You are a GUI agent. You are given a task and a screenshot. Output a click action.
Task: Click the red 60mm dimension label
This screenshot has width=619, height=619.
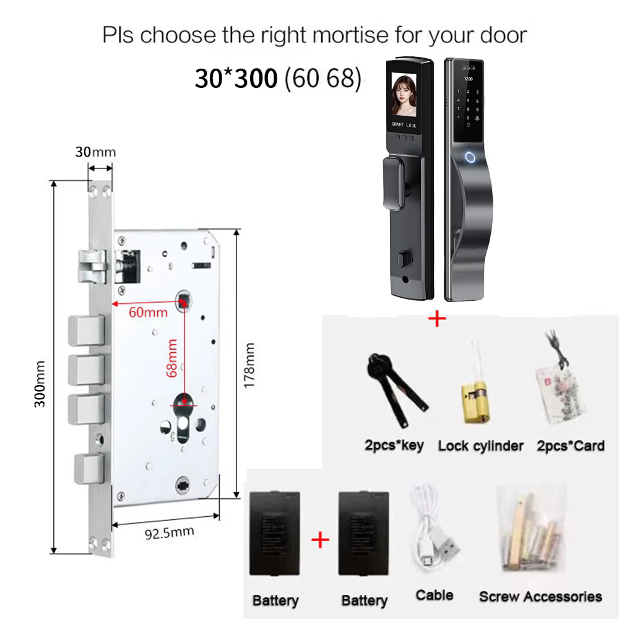pyautogui.click(x=148, y=312)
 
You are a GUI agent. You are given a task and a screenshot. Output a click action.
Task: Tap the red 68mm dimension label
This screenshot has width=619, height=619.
pyautogui.click(x=171, y=358)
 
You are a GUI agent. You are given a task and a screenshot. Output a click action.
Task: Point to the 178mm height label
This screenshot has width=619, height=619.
pyautogui.click(x=249, y=366)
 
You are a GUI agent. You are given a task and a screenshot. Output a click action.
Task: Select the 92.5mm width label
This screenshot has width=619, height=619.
pyautogui.click(x=170, y=533)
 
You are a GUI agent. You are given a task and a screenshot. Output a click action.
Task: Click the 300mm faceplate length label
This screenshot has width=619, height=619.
pyautogui.click(x=40, y=384)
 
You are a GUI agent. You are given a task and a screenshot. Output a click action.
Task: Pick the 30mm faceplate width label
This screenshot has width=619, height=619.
pyautogui.click(x=95, y=152)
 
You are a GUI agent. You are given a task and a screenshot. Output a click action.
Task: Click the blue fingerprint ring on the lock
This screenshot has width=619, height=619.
pyautogui.click(x=470, y=157)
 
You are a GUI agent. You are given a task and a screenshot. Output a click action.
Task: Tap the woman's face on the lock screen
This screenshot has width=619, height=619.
pyautogui.click(x=404, y=95)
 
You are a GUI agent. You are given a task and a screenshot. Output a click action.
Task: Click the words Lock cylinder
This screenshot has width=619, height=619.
pyautogui.click(x=481, y=446)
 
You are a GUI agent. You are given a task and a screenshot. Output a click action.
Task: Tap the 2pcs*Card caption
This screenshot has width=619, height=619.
pyautogui.click(x=571, y=446)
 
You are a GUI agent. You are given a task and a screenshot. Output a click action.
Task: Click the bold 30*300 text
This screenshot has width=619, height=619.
pyautogui.click(x=236, y=78)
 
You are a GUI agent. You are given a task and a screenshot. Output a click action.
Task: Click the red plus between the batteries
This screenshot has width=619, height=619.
pyautogui.click(x=320, y=540)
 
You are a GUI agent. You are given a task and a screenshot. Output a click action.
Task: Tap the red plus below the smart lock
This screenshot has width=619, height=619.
pyautogui.click(x=437, y=318)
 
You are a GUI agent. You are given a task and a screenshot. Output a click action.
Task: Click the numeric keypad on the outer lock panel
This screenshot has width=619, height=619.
pyautogui.click(x=468, y=105)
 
